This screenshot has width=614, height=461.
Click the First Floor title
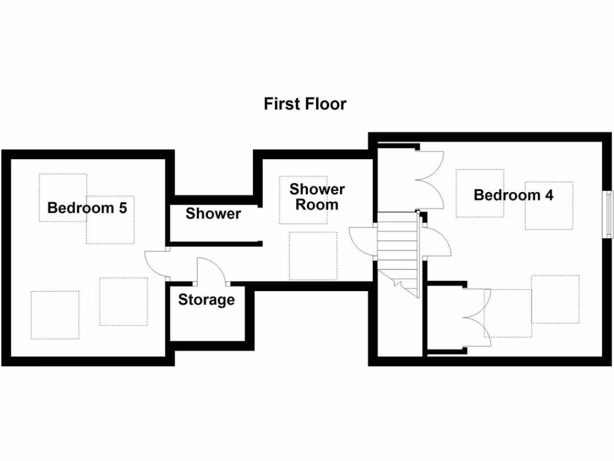point(305,104)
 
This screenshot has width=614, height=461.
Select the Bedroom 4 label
point(513,195)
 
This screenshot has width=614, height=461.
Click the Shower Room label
point(317,197)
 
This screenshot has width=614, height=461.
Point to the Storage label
point(206,300)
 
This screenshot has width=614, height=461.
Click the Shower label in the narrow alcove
point(213,214)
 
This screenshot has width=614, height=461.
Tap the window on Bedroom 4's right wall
point(609,214)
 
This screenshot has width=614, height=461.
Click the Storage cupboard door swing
point(210,269)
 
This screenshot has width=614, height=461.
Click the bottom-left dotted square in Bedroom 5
point(55,315)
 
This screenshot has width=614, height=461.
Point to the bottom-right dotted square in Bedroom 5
point(124,301)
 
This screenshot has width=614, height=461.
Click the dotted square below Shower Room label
point(313,256)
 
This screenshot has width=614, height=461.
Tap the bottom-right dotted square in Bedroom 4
point(555,299)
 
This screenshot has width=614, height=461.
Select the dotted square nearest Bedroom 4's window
point(549,205)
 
